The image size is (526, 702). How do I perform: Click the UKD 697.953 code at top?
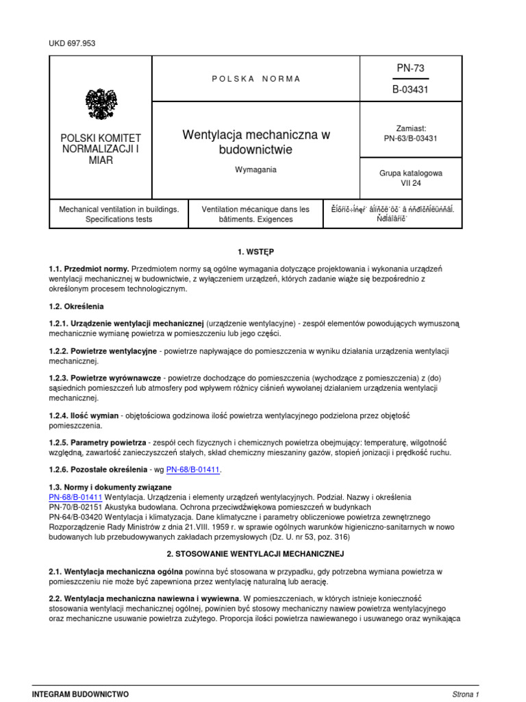(x=73, y=43)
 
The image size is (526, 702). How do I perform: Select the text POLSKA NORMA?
(x=256, y=79)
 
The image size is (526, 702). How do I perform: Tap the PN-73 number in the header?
(x=411, y=68)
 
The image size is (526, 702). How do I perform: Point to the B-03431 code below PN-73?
(x=411, y=89)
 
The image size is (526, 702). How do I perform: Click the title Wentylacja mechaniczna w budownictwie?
(x=256, y=142)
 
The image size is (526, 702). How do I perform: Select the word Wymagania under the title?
(x=255, y=169)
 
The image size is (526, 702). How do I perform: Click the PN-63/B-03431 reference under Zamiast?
(x=411, y=138)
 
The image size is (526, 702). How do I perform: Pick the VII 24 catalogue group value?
(x=411, y=184)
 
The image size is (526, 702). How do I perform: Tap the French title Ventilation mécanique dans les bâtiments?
(x=255, y=214)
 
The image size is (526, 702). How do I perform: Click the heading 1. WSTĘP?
(x=256, y=252)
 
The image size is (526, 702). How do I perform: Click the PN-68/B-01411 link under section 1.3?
(x=75, y=496)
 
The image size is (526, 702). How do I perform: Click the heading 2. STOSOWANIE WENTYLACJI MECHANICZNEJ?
(x=256, y=553)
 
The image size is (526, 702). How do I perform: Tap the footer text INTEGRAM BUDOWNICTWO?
(x=80, y=694)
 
